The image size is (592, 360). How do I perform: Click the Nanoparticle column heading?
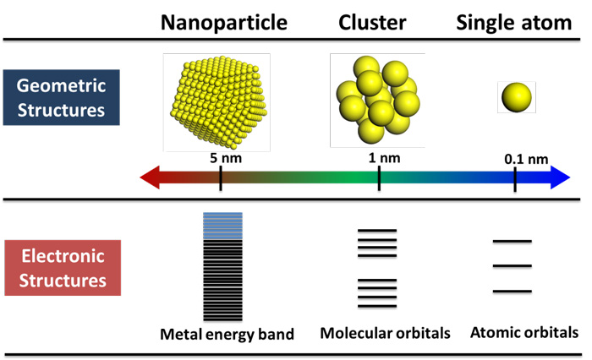click(224, 23)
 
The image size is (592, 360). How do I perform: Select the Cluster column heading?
click(372, 22)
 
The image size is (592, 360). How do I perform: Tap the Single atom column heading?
click(514, 23)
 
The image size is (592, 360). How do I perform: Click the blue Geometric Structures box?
click(62, 97)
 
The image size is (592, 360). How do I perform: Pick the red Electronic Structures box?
click(63, 268)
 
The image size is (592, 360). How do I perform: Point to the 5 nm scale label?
click(226, 158)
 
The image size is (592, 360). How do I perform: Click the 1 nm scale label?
click(384, 157)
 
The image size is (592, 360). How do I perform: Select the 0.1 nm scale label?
click(526, 159)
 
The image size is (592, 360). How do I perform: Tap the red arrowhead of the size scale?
click(150, 177)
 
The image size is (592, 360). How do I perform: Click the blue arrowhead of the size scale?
click(560, 177)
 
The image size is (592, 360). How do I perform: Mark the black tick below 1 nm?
click(379, 178)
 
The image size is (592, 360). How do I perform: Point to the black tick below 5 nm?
click(221, 179)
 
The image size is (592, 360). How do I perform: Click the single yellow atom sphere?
click(517, 97)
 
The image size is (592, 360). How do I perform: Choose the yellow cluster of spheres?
click(378, 100)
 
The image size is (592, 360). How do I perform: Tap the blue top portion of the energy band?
click(222, 226)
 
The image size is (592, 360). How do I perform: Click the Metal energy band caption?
click(227, 335)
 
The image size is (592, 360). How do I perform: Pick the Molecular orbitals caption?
click(385, 333)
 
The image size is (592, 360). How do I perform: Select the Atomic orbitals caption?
click(524, 332)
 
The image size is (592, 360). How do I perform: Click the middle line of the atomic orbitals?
click(513, 266)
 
